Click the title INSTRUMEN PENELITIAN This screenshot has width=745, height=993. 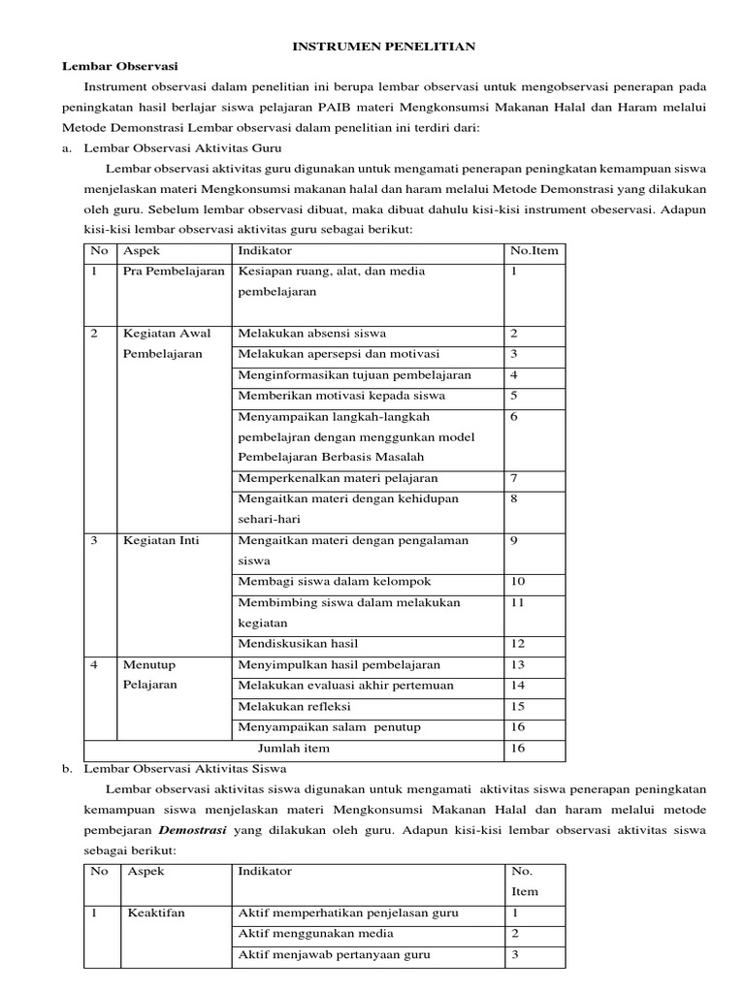tap(372, 46)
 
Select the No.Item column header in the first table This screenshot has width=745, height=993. tap(533, 250)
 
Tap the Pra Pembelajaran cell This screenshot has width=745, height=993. tap(174, 272)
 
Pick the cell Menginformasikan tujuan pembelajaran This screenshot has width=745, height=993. tap(354, 374)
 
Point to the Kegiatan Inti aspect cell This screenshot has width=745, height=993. tap(160, 540)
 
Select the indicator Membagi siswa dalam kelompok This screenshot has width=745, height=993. tap(334, 581)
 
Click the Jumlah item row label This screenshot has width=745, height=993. tap(293, 748)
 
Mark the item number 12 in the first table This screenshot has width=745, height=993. tap(517, 643)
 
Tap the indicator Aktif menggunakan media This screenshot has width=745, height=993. tap(315, 933)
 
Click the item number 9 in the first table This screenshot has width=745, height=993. tap(513, 540)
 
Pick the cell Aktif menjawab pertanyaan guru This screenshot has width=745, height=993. tap(334, 954)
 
